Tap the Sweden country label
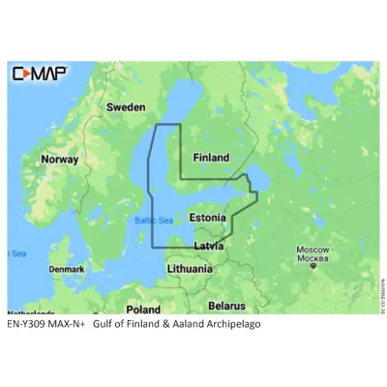(x=125, y=106)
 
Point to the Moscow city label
(x=312, y=250)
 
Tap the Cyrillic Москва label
(x=312, y=259)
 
